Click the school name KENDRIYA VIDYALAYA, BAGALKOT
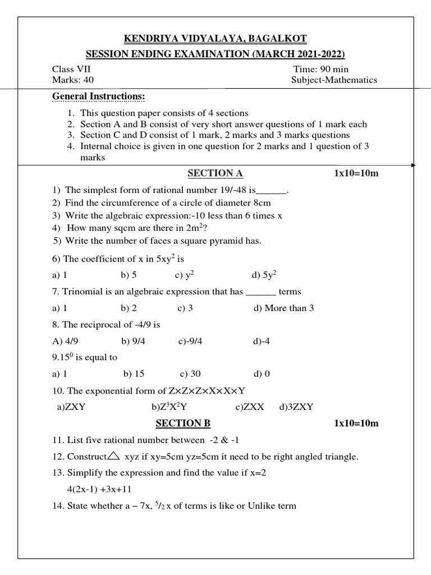click(215, 39)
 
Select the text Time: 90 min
click(320, 69)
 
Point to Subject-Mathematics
click(334, 80)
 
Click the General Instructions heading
click(98, 97)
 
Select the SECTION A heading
click(215, 173)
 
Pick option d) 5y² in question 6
click(264, 275)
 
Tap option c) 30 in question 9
click(190, 374)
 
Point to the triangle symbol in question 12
click(114, 456)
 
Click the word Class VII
click(71, 69)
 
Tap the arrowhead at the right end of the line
click(414, 166)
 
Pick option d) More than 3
click(283, 308)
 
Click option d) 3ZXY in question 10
click(296, 407)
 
